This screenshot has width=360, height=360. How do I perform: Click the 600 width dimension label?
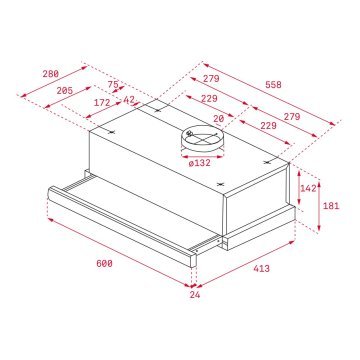(x=77, y=262)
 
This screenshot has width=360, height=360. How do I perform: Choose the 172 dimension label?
(x=103, y=102)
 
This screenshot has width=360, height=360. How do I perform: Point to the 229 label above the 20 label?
(x=209, y=98)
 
